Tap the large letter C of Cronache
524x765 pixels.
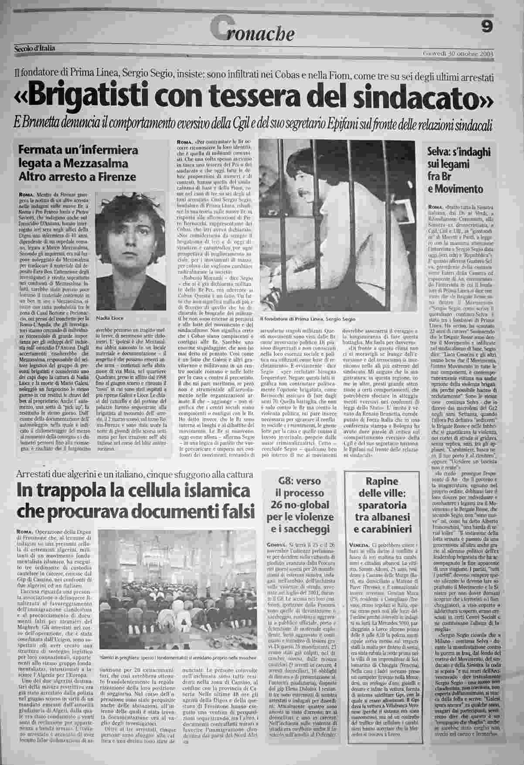218,31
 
